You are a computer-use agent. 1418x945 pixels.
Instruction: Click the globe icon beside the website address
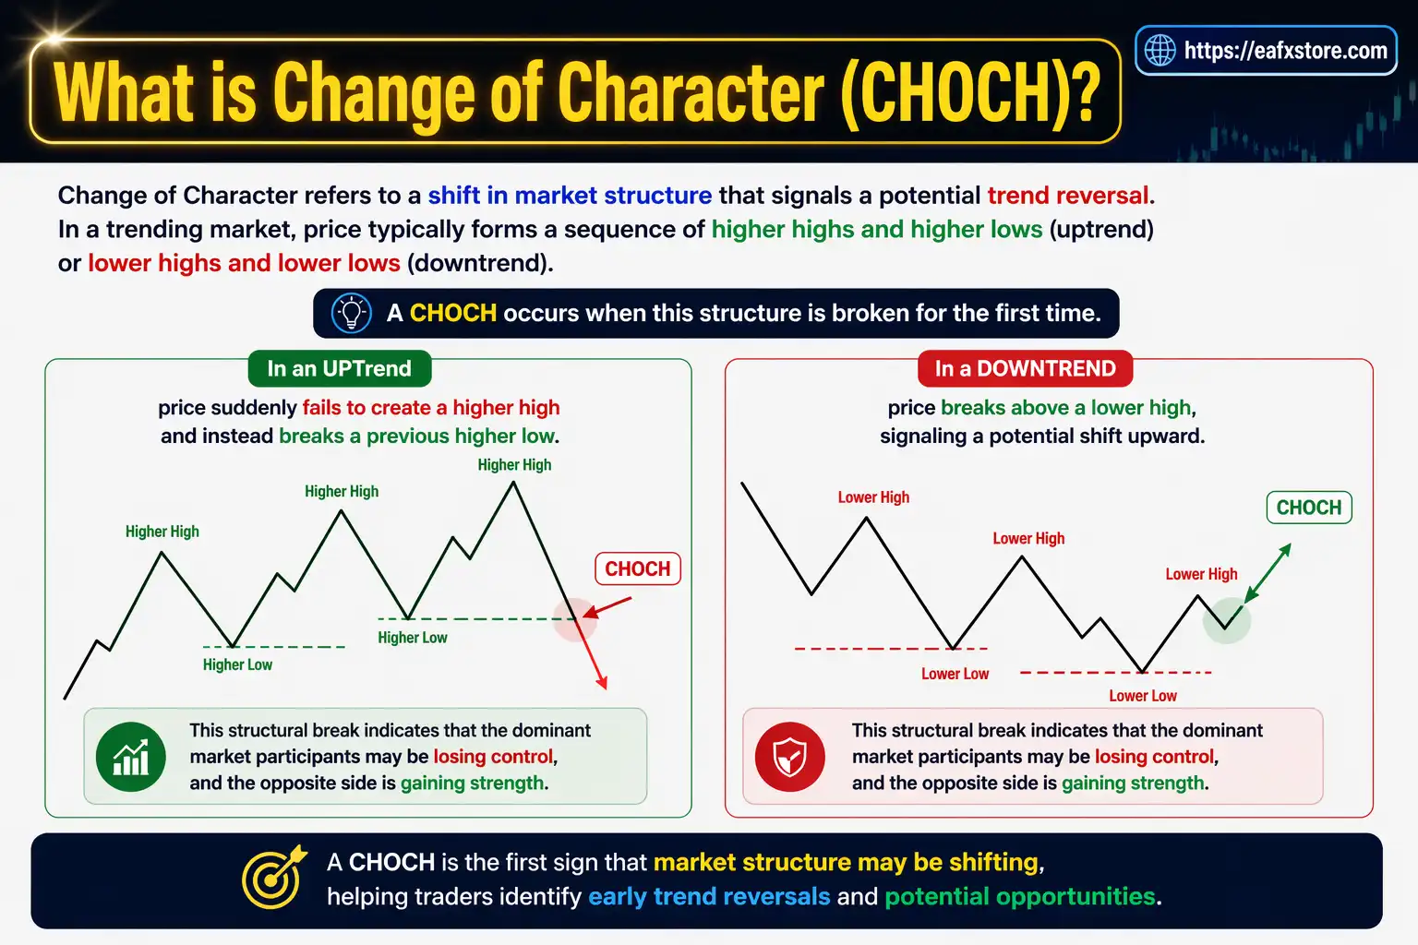point(1160,50)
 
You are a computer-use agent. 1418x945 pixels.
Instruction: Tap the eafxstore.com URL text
point(1285,51)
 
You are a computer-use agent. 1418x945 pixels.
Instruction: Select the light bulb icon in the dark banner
point(351,313)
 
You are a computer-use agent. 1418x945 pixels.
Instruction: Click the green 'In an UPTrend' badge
point(339,368)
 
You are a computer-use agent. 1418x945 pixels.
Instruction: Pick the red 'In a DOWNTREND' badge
point(1025,368)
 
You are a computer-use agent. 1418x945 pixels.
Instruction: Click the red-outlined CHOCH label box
point(637,568)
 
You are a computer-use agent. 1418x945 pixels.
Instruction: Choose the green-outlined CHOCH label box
point(1308,508)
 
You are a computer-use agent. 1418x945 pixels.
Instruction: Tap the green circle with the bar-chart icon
point(131,757)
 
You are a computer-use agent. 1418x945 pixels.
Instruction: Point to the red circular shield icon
point(789,757)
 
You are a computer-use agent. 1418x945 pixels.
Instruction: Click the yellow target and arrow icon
point(273,877)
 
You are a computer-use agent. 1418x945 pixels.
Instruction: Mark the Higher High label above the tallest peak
point(514,465)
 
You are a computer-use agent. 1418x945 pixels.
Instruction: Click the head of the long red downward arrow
point(603,684)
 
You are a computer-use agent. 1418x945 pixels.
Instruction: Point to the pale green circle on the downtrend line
point(1226,619)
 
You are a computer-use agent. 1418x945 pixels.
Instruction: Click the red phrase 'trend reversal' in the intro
point(1068,196)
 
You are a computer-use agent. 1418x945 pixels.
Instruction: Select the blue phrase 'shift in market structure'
point(570,196)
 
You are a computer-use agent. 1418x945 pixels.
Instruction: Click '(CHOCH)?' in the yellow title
point(970,92)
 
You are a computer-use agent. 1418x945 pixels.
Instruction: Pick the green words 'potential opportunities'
point(1019,896)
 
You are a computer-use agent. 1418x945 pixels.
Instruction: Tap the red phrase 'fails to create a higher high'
point(431,408)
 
